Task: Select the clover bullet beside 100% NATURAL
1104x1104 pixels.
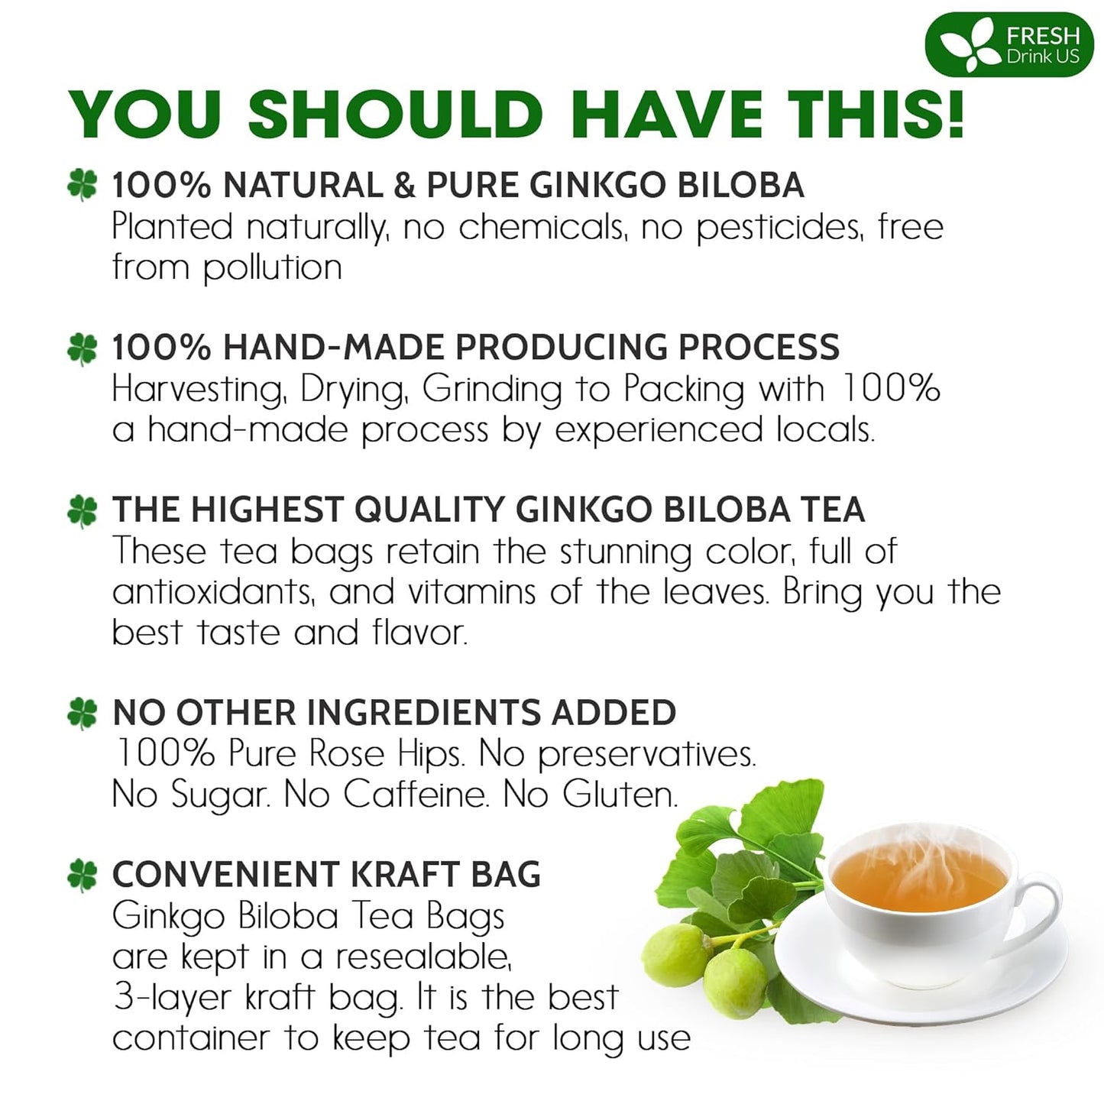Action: click(x=83, y=185)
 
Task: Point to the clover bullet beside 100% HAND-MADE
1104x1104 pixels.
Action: click(x=83, y=348)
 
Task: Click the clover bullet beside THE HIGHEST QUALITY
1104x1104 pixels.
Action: click(x=83, y=510)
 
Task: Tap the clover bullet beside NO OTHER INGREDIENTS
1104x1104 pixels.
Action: click(x=83, y=714)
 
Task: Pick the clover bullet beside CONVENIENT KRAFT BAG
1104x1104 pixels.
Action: click(x=83, y=876)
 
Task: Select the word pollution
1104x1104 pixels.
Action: click(x=272, y=268)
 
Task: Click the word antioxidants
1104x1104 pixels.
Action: click(x=213, y=593)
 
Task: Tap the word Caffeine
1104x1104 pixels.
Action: click(x=415, y=795)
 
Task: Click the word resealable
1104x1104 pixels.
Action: click(x=422, y=957)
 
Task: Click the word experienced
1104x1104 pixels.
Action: click(x=658, y=430)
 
